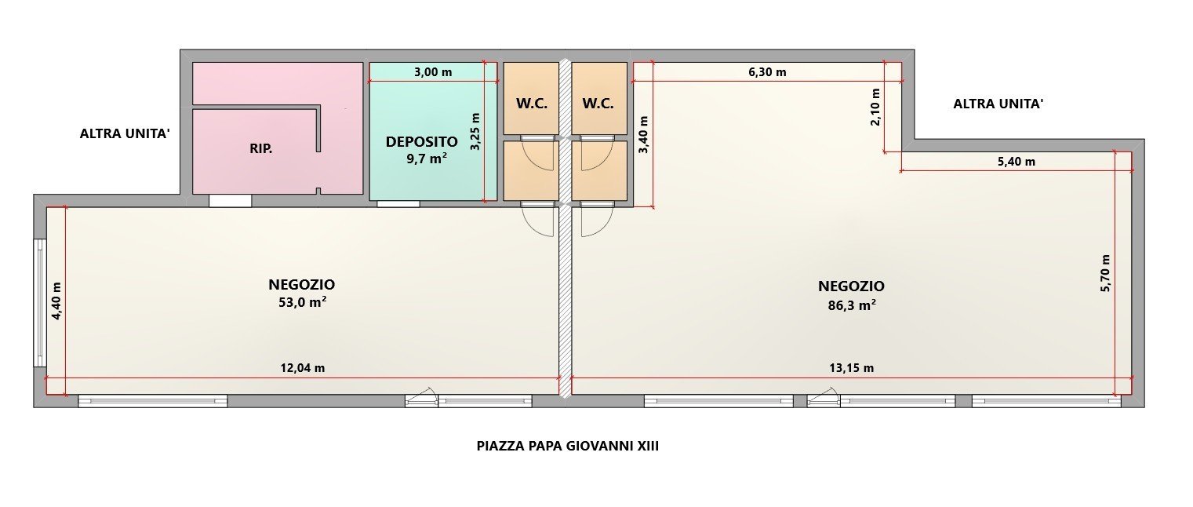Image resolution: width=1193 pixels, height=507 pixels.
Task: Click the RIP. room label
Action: [261, 149]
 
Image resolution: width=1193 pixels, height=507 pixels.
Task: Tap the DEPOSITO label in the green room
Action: [421, 142]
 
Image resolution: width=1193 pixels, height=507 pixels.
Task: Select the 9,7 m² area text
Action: [427, 159]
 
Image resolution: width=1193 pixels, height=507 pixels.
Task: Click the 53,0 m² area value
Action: [303, 302]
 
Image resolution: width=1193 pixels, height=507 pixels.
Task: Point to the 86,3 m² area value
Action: [852, 305]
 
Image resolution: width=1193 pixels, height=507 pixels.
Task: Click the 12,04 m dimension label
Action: [303, 368]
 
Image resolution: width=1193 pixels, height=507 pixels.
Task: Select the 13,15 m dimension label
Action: [852, 368]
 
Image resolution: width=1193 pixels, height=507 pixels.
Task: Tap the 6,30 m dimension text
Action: [767, 72]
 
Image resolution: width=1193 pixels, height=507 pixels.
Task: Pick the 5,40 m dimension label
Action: [1017, 162]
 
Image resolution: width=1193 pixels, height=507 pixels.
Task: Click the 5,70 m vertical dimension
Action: [1105, 273]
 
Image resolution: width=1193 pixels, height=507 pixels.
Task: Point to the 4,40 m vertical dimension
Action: [56, 301]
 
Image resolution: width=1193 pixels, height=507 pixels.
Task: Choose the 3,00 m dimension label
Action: [433, 72]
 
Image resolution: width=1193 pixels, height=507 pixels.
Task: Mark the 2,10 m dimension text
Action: [875, 107]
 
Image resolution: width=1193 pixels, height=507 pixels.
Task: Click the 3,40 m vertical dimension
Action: [644, 134]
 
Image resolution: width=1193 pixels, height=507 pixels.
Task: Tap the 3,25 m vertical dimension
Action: [475, 131]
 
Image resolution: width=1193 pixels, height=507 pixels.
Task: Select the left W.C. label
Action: [532, 104]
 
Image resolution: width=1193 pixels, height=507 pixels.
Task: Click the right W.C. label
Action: [598, 104]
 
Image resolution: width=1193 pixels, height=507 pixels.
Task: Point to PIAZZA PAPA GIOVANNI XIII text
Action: [568, 446]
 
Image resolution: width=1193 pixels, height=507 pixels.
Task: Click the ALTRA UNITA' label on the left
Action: [125, 133]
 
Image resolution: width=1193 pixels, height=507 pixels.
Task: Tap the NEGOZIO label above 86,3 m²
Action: [851, 286]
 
